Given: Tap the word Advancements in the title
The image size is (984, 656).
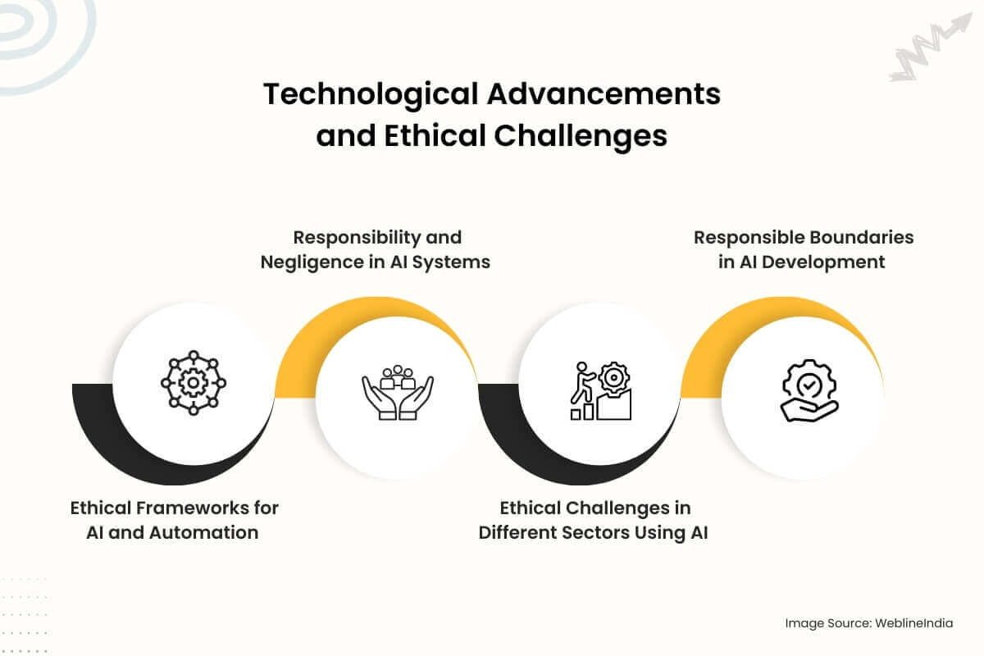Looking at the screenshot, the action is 604,93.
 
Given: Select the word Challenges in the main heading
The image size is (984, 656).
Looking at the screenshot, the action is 581,137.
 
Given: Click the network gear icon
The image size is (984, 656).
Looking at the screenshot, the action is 194,383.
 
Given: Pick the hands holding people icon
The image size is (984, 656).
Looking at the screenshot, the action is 398,392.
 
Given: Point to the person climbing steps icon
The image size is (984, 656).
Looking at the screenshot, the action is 601,390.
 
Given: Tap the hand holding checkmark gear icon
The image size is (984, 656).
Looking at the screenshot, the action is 809,390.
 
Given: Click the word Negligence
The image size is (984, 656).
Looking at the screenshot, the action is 311,262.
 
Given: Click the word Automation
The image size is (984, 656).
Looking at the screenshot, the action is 203,532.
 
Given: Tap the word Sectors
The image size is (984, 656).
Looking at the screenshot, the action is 595,532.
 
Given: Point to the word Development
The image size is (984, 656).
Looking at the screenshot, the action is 823,262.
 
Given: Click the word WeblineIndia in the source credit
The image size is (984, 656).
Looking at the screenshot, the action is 913,623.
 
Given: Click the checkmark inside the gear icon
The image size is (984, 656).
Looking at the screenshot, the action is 809,385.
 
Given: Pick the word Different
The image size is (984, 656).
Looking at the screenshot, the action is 518,532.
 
